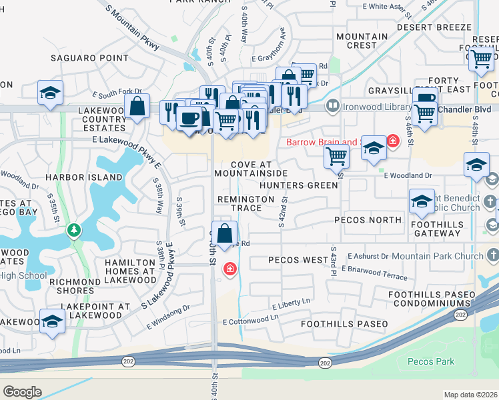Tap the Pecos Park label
(x=430, y=362)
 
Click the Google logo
(x=22, y=391)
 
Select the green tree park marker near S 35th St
(x=74, y=231)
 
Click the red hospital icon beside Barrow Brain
(x=392, y=141)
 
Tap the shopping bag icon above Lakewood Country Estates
(x=137, y=106)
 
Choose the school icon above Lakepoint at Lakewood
(x=52, y=321)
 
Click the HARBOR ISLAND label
(x=84, y=177)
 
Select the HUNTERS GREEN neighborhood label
(x=299, y=185)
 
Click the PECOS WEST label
(x=298, y=259)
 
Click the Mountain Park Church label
(x=446, y=256)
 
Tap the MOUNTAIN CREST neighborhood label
(x=362, y=41)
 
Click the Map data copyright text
(x=471, y=395)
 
